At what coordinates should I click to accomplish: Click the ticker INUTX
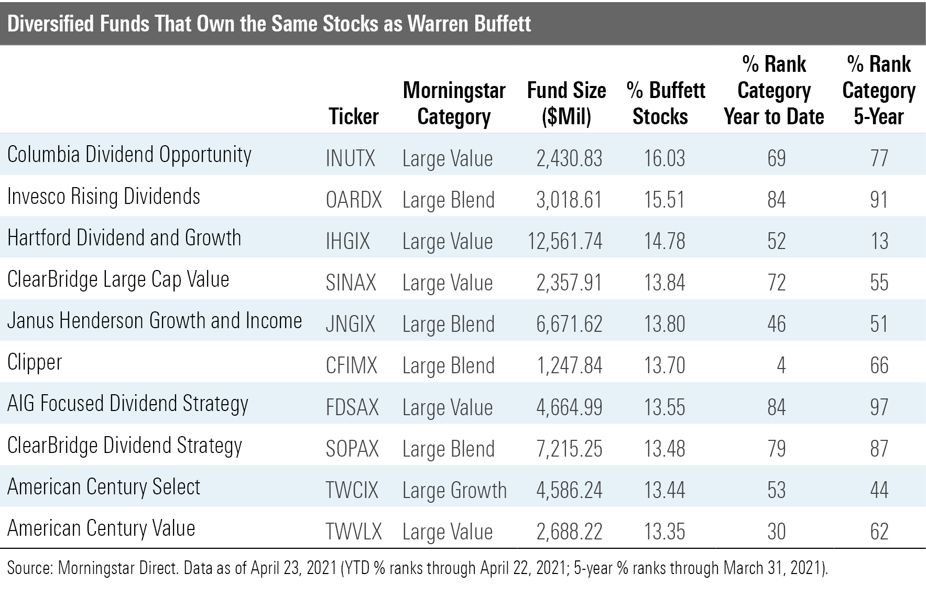(x=350, y=158)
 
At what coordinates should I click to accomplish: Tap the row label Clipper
(x=35, y=363)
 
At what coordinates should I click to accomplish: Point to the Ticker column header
(x=354, y=116)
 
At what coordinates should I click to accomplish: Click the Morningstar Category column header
(x=454, y=103)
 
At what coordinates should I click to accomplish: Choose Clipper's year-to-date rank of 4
(x=781, y=365)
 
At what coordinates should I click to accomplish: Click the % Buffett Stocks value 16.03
(x=664, y=158)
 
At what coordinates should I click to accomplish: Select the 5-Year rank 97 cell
(x=879, y=407)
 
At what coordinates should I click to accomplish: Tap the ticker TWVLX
(x=354, y=532)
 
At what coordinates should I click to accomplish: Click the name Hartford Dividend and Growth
(x=124, y=238)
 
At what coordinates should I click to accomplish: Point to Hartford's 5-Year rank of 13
(x=879, y=241)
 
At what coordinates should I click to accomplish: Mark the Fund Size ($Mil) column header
(x=566, y=103)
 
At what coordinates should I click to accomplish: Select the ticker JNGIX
(x=350, y=324)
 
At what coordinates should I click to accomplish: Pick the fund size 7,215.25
(x=569, y=449)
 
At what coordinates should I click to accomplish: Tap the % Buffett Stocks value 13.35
(x=664, y=532)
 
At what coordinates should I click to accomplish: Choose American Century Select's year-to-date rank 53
(x=777, y=490)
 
